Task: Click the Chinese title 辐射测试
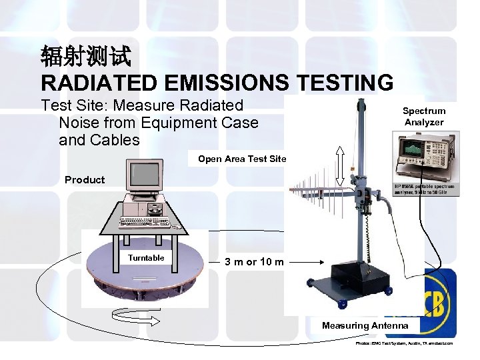coord(86,56)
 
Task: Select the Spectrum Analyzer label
coord(423,117)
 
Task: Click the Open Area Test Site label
coord(242,159)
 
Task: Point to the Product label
coord(85,179)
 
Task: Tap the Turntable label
coord(146,257)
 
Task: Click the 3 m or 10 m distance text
coord(254,261)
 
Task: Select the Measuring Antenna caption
coord(365,325)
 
